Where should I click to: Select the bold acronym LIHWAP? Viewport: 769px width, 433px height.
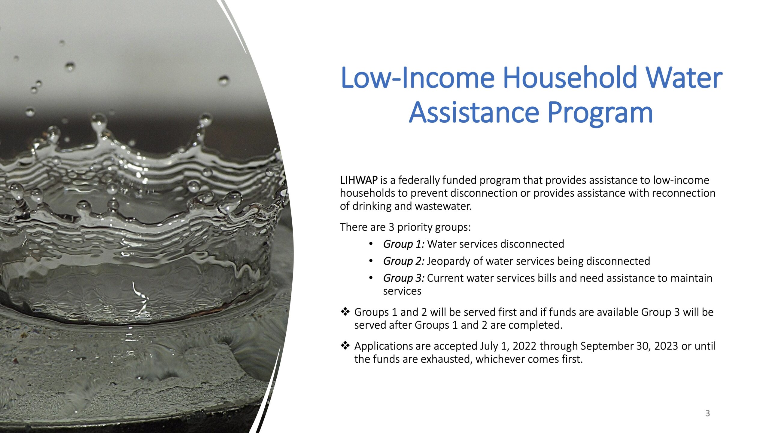359,180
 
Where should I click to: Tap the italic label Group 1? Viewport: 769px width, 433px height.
404,244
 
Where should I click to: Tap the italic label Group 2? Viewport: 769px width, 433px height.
404,261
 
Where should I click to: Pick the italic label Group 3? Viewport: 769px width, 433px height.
404,278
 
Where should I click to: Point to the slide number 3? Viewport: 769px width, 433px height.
707,413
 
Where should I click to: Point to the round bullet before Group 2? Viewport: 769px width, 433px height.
371,261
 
